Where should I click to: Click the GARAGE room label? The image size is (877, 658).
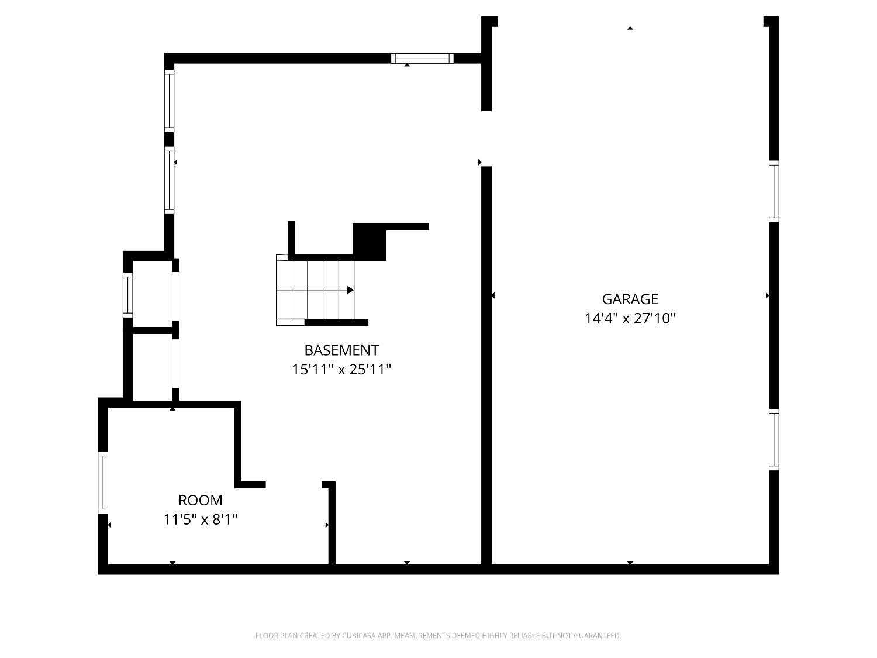coord(630,299)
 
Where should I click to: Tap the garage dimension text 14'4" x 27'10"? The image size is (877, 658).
coord(630,319)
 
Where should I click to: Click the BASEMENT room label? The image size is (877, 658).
coord(341,350)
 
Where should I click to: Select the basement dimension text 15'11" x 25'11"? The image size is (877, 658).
coord(341,370)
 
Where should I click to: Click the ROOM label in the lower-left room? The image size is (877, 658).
coord(200,500)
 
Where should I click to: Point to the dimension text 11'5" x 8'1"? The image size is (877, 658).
coord(200,519)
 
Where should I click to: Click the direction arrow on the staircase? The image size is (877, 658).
coord(350,290)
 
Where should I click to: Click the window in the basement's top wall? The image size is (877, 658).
coord(422,58)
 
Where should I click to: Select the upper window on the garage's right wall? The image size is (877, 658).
coord(774,191)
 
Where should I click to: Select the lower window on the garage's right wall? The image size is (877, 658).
coord(774,439)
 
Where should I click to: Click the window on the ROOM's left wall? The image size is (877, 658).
coord(103,483)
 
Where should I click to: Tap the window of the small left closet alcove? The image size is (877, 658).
coord(127,295)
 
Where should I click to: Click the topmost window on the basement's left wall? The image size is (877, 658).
coord(169,100)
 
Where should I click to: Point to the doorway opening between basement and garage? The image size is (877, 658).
coord(486,139)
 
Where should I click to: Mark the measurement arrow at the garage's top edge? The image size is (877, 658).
coord(630,28)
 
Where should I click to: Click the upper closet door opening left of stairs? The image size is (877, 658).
coord(175,296)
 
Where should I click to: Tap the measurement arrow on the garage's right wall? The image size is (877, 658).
coord(767,296)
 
